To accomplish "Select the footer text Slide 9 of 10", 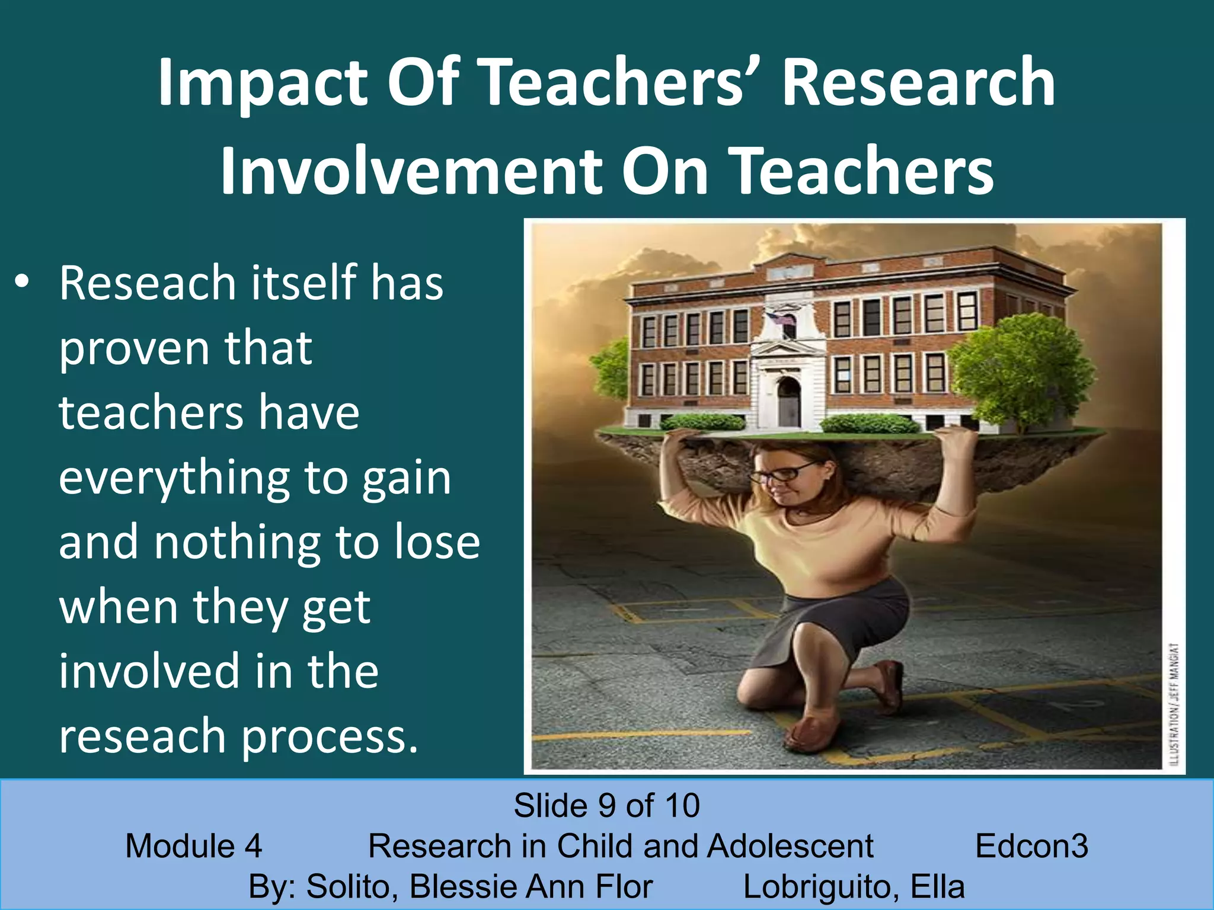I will coord(606,806).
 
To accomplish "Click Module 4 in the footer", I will coord(194,846).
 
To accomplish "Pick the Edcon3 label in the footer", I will coord(1031,846).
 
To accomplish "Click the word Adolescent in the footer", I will coord(790,846).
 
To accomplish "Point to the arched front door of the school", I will coord(788,402).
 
